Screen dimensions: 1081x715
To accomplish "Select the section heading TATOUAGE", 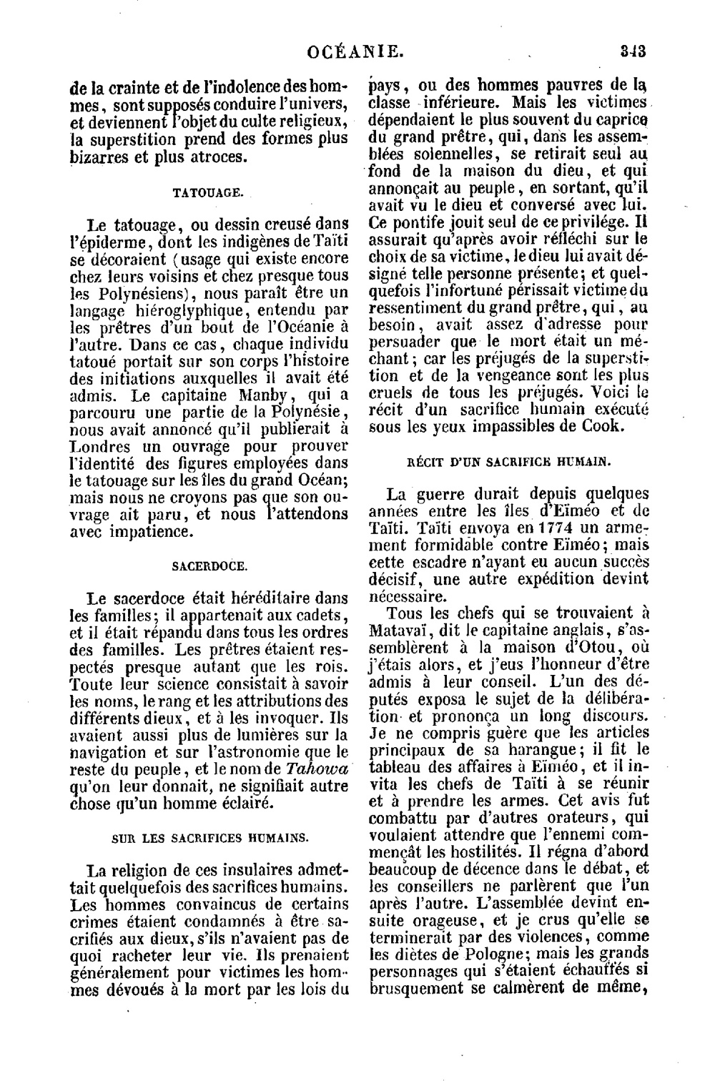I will coord(209,192).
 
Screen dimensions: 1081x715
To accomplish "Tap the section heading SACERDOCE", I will coord(209,566).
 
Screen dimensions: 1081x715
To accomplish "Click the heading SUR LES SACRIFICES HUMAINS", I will coord(210,836).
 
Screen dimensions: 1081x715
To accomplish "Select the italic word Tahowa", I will coord(317,770).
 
